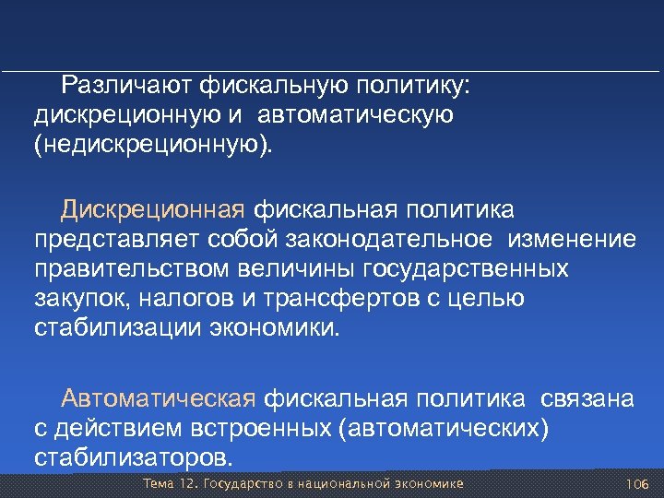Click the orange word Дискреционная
coord(153,209)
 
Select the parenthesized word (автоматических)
coord(444,427)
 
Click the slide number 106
coord(637,485)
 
